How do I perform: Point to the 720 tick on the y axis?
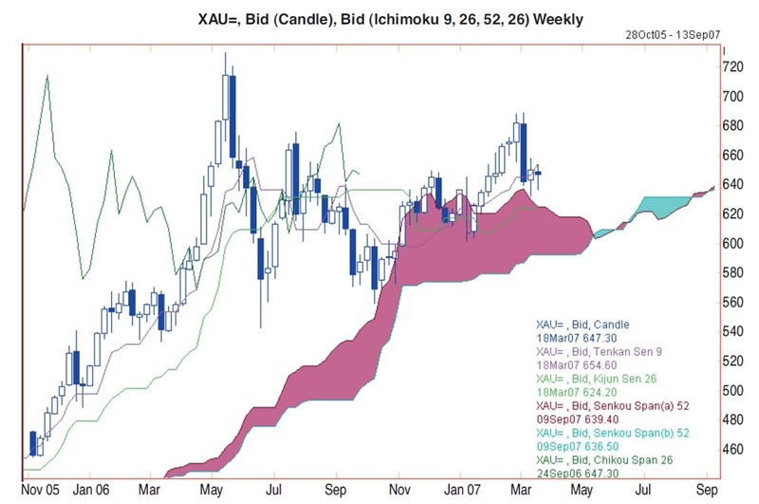click(733, 66)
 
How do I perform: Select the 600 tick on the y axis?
click(733, 243)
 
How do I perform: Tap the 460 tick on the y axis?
click(733, 448)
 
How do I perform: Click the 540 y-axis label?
click(733, 331)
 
